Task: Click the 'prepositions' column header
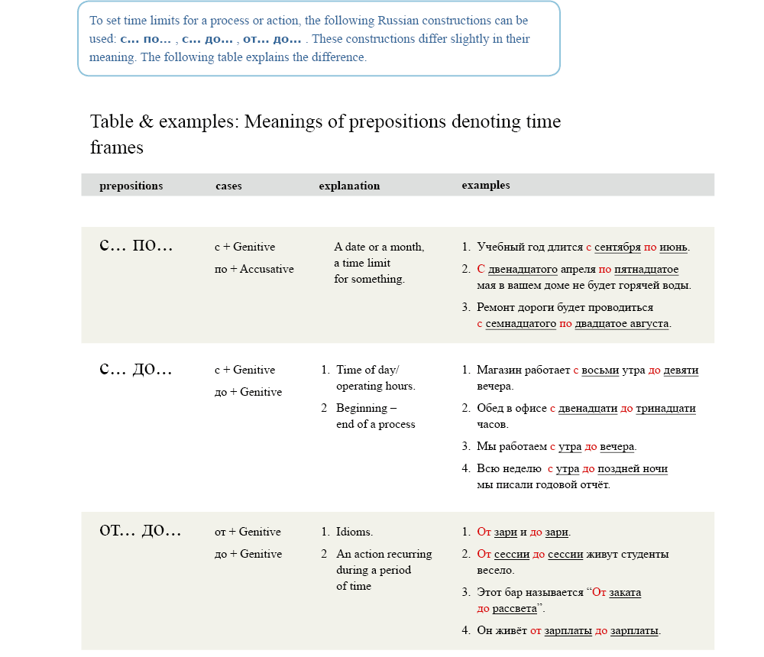[131, 186]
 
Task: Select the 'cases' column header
[228, 186]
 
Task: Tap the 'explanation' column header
[349, 186]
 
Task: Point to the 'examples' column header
[486, 185]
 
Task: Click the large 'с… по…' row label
[136, 245]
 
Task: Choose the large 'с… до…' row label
[136, 369]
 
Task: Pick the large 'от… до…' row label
[141, 530]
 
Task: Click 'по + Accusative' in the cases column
[254, 269]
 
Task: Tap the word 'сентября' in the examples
[617, 247]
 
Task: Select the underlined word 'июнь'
[673, 247]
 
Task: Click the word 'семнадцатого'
[521, 323]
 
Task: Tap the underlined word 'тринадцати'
[665, 408]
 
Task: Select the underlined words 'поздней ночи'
[633, 468]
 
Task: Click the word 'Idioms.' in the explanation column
[354, 532]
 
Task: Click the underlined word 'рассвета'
[514, 608]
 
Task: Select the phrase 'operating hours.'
[375, 386]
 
